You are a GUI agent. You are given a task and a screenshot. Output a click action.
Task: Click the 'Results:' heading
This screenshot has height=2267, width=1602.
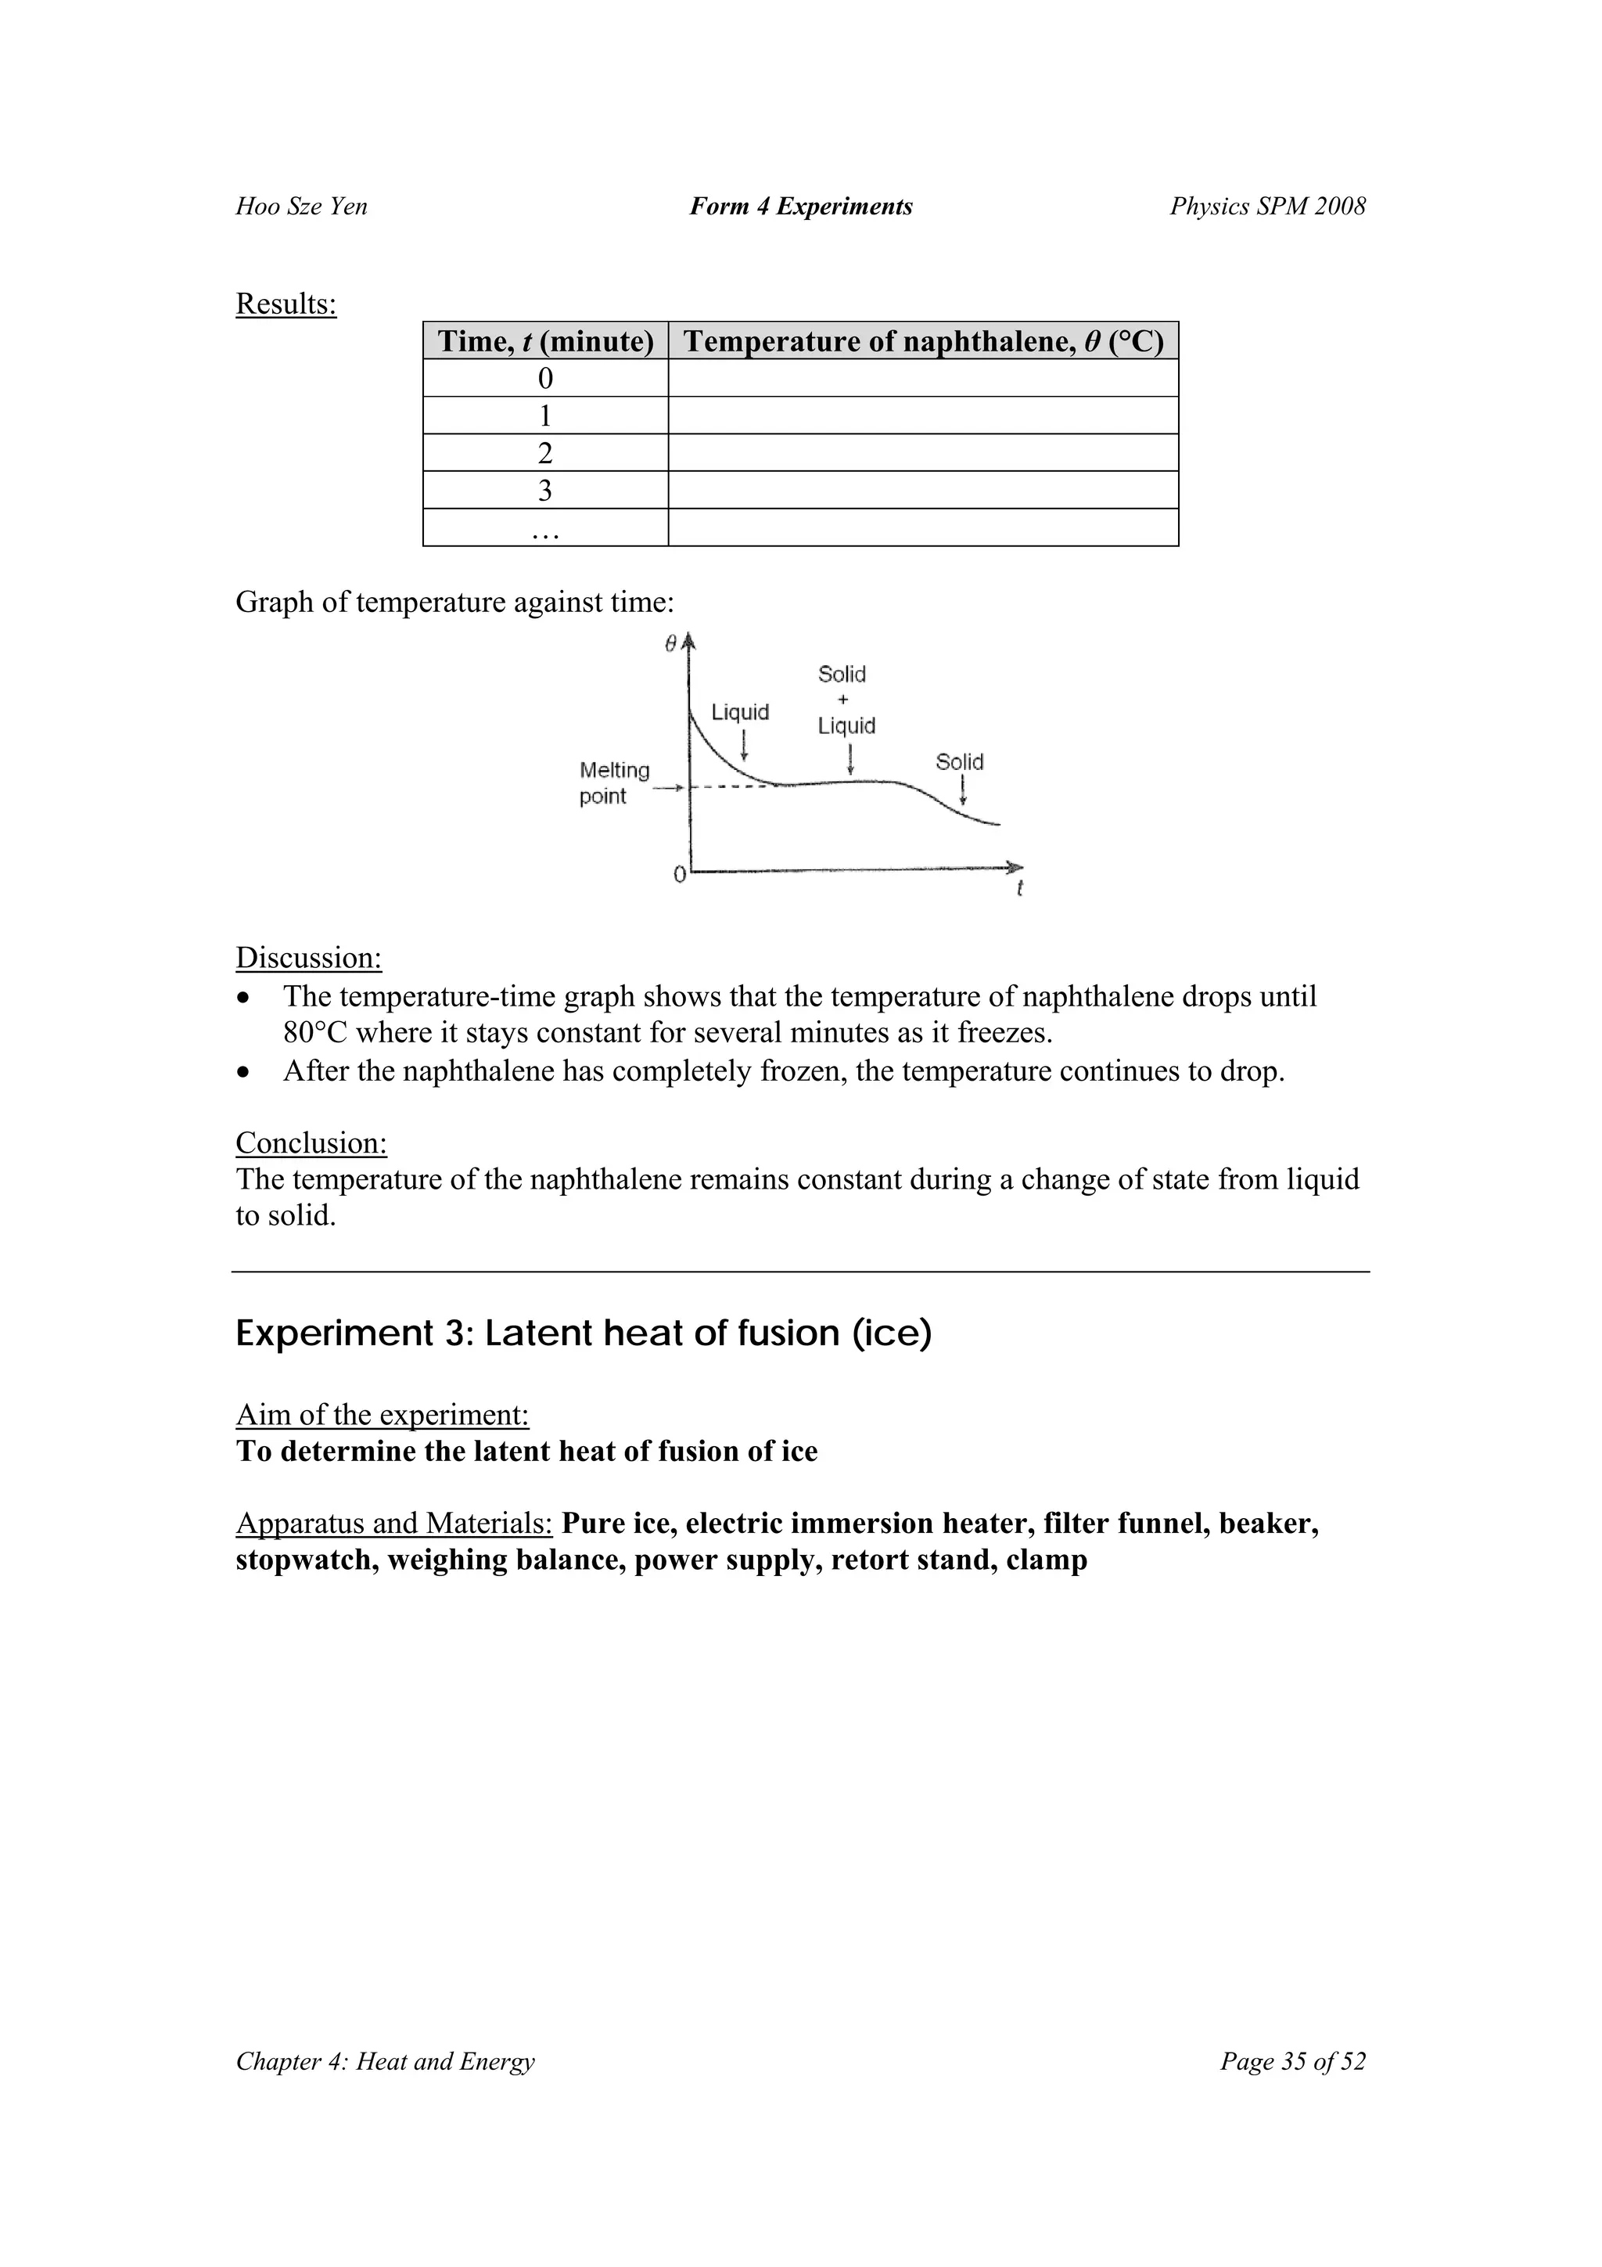[x=286, y=304]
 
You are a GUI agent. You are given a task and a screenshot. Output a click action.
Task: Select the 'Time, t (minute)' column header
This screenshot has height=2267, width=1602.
[x=545, y=342]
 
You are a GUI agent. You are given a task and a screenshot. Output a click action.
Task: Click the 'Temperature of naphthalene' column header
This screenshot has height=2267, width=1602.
[x=923, y=342]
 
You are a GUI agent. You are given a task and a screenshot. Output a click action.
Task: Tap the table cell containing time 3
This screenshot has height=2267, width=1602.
[x=545, y=491]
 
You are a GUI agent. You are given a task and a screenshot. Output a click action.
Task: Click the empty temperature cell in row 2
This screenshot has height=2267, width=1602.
[x=923, y=453]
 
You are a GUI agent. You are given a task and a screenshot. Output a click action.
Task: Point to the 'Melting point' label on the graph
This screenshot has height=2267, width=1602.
[x=614, y=783]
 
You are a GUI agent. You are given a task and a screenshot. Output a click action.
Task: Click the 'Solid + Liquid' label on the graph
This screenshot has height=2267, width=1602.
[x=846, y=700]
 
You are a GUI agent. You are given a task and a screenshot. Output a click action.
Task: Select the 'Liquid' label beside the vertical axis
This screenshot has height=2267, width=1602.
[x=740, y=712]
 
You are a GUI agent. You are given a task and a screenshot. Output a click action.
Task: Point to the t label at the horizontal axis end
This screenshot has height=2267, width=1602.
[x=1020, y=889]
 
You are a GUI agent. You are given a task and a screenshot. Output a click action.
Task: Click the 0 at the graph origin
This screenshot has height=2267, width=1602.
[x=679, y=875]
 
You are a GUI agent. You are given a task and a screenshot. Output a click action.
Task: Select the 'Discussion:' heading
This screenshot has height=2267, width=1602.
[x=308, y=958]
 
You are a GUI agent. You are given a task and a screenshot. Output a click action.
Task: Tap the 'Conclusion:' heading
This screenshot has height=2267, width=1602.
[x=311, y=1143]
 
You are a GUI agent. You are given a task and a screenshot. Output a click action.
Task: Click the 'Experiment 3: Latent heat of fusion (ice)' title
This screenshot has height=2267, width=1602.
[x=584, y=1334]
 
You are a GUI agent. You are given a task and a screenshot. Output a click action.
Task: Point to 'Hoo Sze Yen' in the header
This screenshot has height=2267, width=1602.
[x=301, y=207]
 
